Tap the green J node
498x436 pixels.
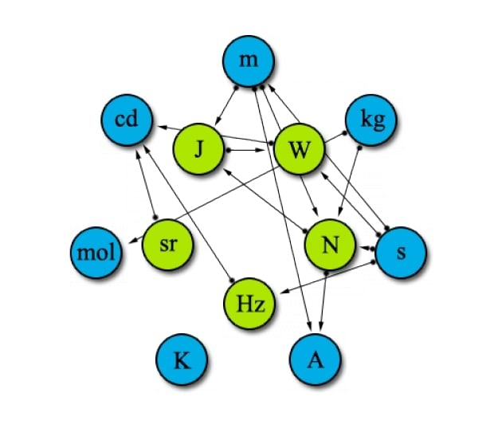[x=198, y=149]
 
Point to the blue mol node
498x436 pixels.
[x=95, y=254]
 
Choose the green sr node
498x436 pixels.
[x=167, y=245]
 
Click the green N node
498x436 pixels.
[x=328, y=245]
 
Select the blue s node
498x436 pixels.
[x=401, y=253]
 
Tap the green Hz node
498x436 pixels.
[x=249, y=304]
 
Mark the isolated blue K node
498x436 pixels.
[x=182, y=360]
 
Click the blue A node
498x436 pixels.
[x=316, y=360]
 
